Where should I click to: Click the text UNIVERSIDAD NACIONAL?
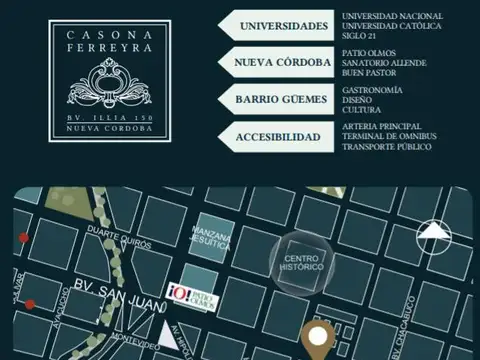pyautogui.click(x=392, y=16)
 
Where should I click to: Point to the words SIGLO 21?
pyautogui.click(x=360, y=36)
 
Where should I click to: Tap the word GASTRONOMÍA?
pyautogui.click(x=372, y=90)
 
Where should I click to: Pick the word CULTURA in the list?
pyautogui.click(x=362, y=110)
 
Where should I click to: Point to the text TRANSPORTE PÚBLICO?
pyautogui.click(x=387, y=147)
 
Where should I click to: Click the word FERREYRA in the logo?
pyautogui.click(x=109, y=47)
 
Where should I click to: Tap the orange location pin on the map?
pyautogui.click(x=320, y=339)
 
